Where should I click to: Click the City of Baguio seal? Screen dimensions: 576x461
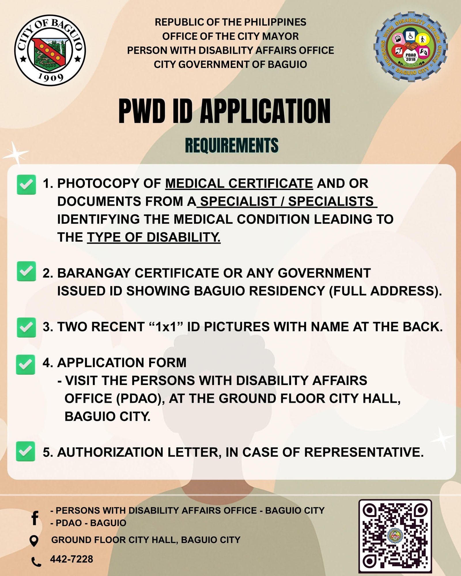50,50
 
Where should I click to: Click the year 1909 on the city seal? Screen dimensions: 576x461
51,77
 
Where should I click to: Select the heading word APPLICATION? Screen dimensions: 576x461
265,111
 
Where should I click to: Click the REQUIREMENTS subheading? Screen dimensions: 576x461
232,145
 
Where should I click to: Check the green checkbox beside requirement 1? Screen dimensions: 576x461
26,185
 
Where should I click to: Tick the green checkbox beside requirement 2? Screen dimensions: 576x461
26,271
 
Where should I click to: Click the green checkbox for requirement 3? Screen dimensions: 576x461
26,327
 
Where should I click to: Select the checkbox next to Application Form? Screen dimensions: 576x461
26,364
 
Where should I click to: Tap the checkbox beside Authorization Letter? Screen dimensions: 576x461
26,451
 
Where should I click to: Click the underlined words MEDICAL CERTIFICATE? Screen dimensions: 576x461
239,183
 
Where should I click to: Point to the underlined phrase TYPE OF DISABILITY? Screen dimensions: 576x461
154,237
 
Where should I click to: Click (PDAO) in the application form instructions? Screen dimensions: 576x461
140,399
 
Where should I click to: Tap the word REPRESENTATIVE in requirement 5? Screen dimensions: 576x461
364,452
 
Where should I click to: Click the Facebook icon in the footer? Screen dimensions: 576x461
35,518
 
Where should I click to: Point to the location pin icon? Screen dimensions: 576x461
34,541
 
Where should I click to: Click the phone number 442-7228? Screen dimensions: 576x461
71,559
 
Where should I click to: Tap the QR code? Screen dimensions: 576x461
395,536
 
